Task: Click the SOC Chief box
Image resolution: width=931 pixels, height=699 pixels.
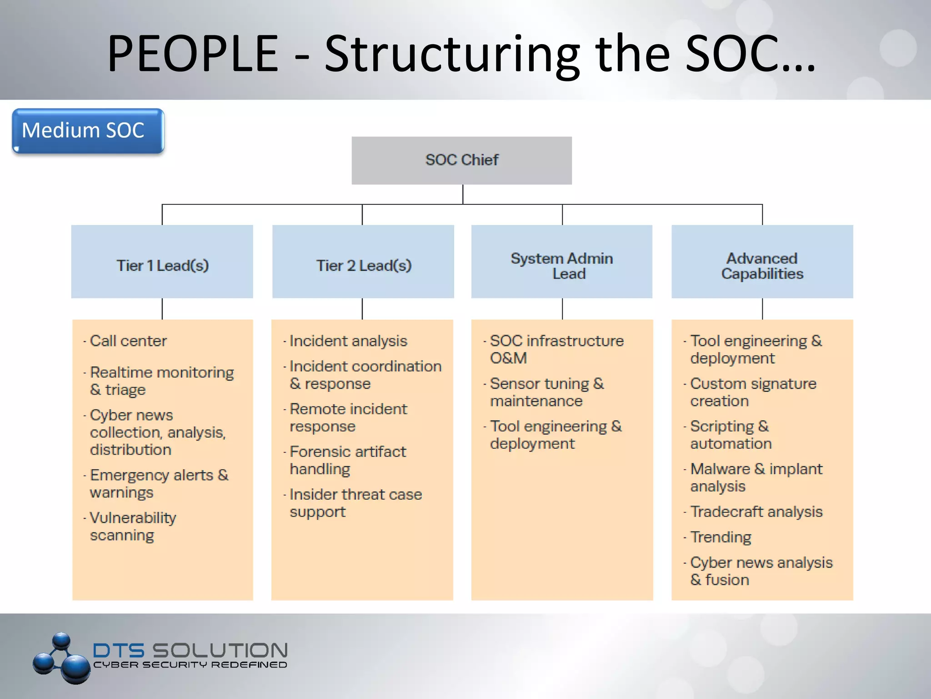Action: (461, 160)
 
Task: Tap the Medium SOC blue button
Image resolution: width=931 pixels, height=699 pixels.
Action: (88, 131)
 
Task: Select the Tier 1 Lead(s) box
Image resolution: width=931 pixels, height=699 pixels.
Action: (162, 262)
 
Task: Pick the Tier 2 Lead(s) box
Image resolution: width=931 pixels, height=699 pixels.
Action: (363, 262)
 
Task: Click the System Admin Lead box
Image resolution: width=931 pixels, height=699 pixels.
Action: (562, 262)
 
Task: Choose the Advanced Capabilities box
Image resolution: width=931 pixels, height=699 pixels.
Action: (762, 262)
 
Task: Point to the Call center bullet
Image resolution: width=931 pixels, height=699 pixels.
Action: (128, 341)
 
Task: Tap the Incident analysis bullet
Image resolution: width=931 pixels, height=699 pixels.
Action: (348, 341)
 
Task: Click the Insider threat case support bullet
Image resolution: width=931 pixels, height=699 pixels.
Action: (355, 503)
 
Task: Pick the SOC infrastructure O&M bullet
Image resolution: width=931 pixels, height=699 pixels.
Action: (556, 349)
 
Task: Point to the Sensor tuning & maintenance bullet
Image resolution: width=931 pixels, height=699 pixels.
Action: (546, 392)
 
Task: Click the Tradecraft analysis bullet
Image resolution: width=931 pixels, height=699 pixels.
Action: (756, 512)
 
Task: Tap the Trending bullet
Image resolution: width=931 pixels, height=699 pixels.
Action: (720, 537)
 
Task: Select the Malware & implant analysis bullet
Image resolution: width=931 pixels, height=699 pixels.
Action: (756, 477)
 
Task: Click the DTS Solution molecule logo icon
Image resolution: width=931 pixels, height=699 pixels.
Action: (61, 658)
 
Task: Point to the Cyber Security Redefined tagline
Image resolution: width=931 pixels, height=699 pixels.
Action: (190, 665)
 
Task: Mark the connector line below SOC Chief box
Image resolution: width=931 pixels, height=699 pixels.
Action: (463, 194)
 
